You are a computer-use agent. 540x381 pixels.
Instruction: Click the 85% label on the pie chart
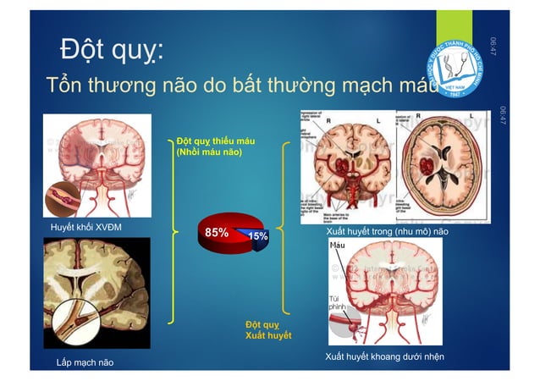(x=216, y=230)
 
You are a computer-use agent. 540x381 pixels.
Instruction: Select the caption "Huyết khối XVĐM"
(x=85, y=228)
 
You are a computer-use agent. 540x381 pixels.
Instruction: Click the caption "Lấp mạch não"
(x=84, y=363)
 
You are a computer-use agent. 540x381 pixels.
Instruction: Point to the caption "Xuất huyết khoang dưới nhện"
(x=385, y=356)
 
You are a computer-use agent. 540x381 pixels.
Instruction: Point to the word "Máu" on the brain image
(x=339, y=246)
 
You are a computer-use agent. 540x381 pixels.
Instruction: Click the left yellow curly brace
(x=174, y=229)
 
